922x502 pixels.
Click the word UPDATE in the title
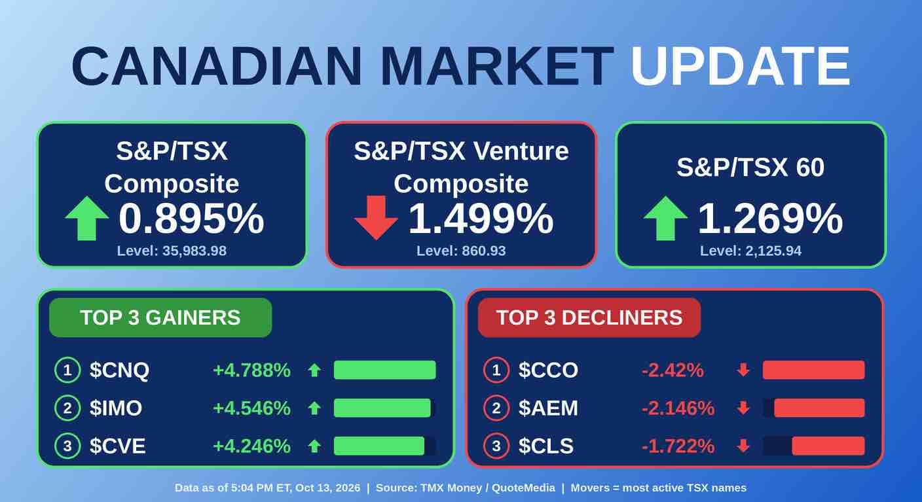pyautogui.click(x=740, y=66)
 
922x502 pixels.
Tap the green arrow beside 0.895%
pyautogui.click(x=87, y=218)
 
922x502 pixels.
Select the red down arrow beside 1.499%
pyautogui.click(x=376, y=218)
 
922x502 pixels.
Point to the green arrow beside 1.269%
pyautogui.click(x=665, y=218)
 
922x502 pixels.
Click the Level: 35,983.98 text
pyautogui.click(x=172, y=251)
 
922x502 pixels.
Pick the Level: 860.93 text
pyautogui.click(x=461, y=251)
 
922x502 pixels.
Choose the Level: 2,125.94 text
pyautogui.click(x=751, y=251)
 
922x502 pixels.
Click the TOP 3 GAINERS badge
pyautogui.click(x=160, y=317)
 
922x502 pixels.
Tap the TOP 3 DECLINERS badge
pyautogui.click(x=589, y=317)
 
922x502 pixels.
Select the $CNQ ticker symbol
pyautogui.click(x=119, y=370)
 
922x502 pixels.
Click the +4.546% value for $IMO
pyautogui.click(x=251, y=408)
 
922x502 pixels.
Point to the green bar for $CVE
pyautogui.click(x=379, y=446)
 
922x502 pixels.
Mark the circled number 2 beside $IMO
pyautogui.click(x=67, y=408)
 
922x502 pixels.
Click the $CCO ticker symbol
pyautogui.click(x=548, y=370)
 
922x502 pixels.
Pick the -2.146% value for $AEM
pyautogui.click(x=678, y=408)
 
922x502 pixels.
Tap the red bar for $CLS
pyautogui.click(x=828, y=446)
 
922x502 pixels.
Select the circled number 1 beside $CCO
pyautogui.click(x=496, y=370)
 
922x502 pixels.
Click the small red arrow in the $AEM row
pyautogui.click(x=743, y=408)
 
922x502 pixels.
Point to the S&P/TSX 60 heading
pyautogui.click(x=750, y=167)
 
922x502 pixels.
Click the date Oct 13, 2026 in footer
pyautogui.click(x=327, y=488)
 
